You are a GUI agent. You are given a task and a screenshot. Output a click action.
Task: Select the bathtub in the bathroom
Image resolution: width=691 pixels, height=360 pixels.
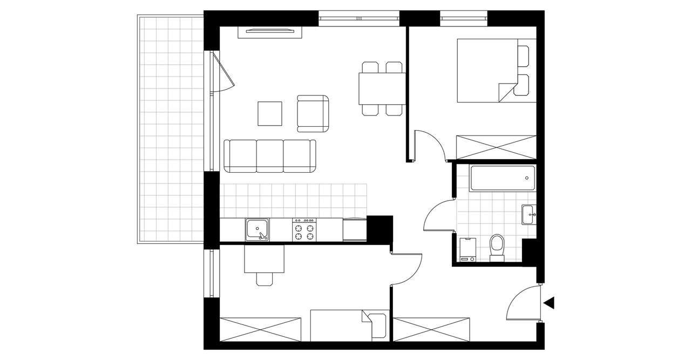coord(503,179)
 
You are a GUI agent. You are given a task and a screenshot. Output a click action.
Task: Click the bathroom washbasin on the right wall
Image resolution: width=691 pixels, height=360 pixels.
coord(529,214)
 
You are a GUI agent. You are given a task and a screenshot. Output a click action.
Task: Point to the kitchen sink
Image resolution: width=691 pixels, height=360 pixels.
coord(258,230)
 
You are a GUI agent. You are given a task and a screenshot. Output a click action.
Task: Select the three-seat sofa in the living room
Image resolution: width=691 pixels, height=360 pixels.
coord(270,156)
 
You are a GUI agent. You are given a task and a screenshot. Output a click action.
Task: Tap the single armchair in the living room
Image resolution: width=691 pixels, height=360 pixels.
coord(313,113)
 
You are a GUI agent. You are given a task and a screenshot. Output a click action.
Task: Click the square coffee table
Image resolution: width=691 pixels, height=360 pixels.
coord(270,113)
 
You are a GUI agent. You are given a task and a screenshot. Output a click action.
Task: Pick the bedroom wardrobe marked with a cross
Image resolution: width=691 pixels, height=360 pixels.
coord(496,147)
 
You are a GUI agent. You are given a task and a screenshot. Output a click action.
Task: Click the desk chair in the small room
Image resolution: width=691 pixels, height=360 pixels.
coord(265,279)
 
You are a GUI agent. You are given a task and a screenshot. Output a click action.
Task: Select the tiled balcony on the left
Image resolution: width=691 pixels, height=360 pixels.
coord(171,130)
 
